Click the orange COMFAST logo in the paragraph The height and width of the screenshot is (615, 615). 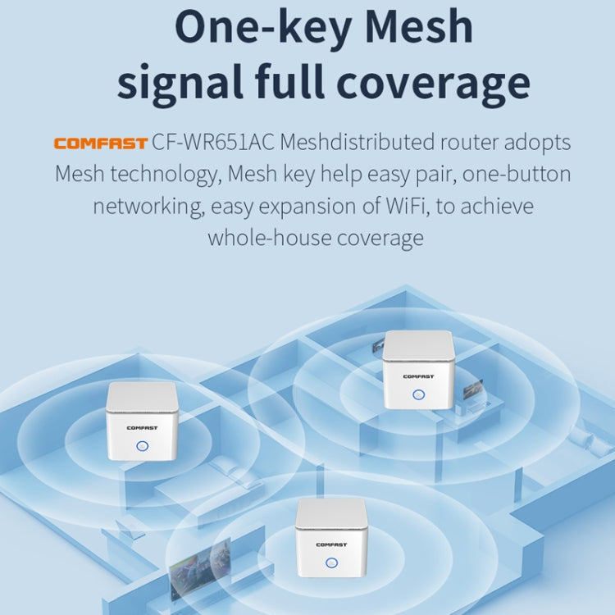click(101, 143)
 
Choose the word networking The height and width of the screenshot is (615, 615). click(147, 206)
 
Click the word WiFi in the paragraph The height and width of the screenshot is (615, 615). click(408, 206)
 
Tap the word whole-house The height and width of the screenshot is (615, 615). click(259, 238)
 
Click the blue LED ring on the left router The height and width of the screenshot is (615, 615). click(142, 447)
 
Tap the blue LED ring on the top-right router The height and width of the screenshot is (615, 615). click(418, 394)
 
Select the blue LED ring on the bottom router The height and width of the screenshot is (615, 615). click(331, 563)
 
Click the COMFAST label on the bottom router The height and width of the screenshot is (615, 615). click(331, 543)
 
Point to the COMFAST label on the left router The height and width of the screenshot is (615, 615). click(142, 427)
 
